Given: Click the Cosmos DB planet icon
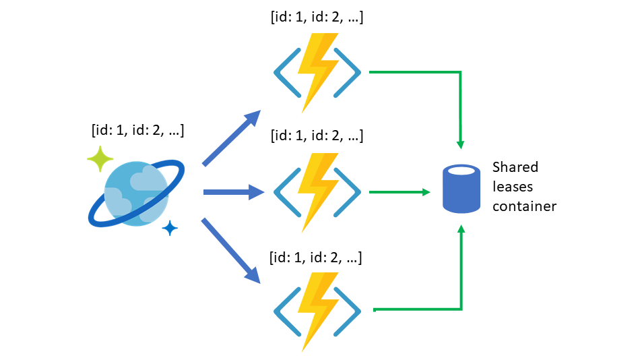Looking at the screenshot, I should point(137,193).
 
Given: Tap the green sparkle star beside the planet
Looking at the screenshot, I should point(101,159).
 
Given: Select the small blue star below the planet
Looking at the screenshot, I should point(170,229).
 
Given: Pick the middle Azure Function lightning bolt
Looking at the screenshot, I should point(317,192).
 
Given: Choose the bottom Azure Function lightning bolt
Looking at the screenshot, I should point(317,311).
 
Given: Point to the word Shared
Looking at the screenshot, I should point(515,167).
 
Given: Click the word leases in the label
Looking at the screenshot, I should point(513,187).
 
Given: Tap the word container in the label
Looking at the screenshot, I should point(524,206).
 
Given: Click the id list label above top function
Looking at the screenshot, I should point(317,18).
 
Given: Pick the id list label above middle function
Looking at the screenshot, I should point(317,136).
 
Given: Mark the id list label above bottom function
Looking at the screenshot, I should point(317,257).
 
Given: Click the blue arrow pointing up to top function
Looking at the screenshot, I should point(232,138).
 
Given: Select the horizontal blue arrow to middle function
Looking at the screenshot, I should point(232,193).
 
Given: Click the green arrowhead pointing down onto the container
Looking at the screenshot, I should point(461,144).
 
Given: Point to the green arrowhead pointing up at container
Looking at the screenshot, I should point(461,231).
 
